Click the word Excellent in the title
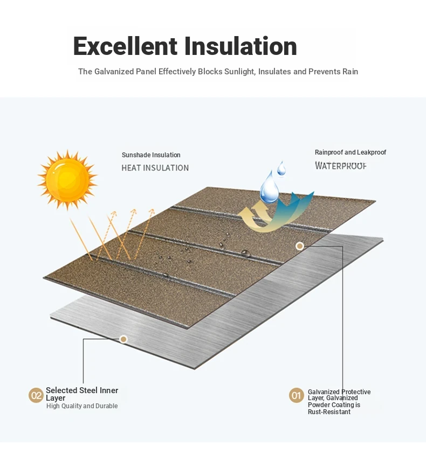[125, 46]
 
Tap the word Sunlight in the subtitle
[240, 72]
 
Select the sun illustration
[67, 180]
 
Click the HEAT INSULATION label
[155, 168]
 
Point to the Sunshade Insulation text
[151, 155]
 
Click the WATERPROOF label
[341, 166]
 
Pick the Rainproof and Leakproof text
[351, 152]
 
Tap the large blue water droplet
[269, 187]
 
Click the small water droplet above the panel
[281, 169]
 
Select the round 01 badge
[296, 395]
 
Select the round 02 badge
[36, 395]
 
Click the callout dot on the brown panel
[300, 246]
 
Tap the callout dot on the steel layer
[123, 339]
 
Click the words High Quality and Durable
[82, 406]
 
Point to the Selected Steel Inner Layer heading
[82, 394]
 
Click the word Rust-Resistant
[329, 412]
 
